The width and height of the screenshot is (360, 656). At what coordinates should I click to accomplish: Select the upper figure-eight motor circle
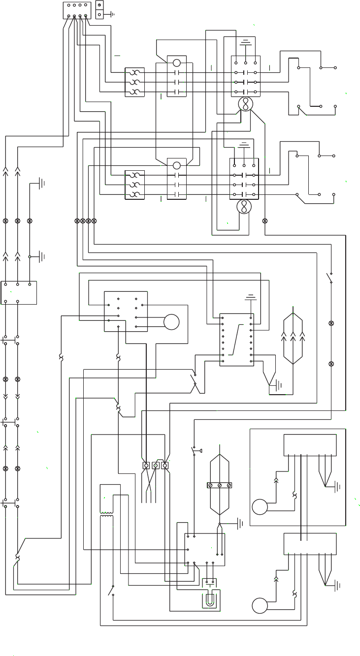[x=245, y=104]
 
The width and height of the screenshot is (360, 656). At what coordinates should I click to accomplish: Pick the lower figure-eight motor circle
[x=243, y=207]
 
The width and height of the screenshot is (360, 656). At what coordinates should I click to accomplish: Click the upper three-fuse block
[x=134, y=82]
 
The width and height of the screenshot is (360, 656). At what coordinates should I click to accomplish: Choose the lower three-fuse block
[x=134, y=185]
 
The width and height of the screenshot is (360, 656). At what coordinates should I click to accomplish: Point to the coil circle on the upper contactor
[x=177, y=62]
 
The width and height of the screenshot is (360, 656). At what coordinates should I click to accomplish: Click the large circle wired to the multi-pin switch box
[x=171, y=322]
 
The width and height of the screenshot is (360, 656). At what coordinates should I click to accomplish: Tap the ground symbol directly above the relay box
[x=251, y=297]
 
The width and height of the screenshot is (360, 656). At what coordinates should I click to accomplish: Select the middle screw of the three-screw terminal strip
[x=219, y=485]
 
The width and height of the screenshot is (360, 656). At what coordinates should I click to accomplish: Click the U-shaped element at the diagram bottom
[x=210, y=601]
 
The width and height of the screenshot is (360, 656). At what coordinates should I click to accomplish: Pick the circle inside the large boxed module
[x=260, y=507]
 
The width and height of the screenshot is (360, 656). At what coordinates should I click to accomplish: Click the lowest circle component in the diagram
[x=260, y=606]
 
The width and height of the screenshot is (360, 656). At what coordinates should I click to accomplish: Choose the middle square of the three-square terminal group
[x=156, y=465]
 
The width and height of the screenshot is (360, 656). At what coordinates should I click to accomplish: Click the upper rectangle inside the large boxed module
[x=310, y=445]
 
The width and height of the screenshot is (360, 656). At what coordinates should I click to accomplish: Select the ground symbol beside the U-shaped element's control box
[x=240, y=522]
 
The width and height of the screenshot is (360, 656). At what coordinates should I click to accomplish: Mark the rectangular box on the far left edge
[x=19, y=293]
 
